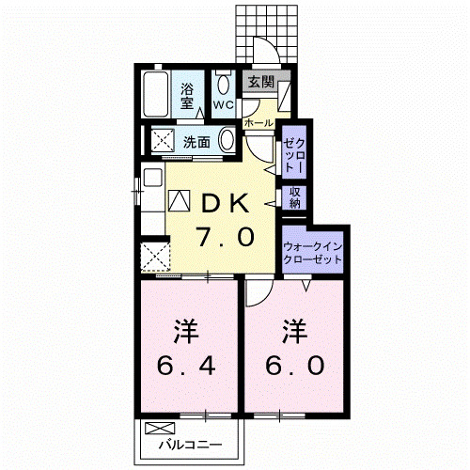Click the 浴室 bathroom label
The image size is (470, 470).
point(188,96)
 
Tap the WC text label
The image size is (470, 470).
point(224,103)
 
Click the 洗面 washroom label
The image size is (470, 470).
point(196,143)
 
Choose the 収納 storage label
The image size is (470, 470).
point(295,197)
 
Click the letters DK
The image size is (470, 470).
point(223,201)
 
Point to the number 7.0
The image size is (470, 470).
point(224,238)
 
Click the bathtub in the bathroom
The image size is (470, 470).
point(158,96)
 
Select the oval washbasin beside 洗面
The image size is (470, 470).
point(227,142)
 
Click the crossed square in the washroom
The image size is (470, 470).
point(163,142)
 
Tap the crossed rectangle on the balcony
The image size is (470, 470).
point(154,428)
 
